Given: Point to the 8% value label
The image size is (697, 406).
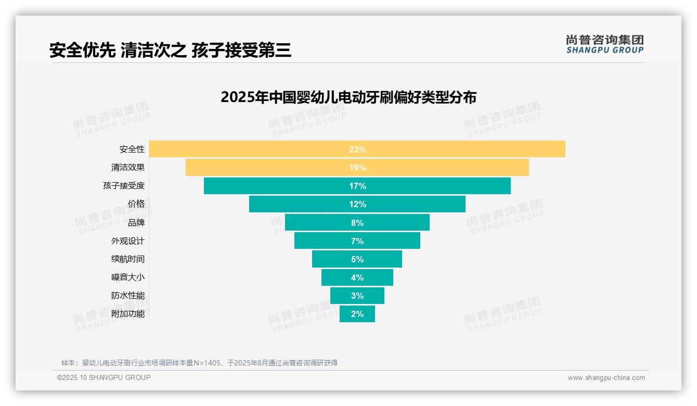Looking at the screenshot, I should [x=357, y=223].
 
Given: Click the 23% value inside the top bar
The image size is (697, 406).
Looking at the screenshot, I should [x=357, y=149].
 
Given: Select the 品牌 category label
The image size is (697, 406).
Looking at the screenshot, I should [x=136, y=222].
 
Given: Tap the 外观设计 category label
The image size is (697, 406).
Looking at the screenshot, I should [x=128, y=241].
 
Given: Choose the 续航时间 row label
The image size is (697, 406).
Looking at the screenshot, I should [x=128, y=259].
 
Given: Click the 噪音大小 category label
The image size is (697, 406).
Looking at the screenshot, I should [x=128, y=277].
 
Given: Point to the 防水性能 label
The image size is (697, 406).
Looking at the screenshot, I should [x=128, y=296].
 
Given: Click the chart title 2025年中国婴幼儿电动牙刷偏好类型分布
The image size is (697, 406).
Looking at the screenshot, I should [x=348, y=97].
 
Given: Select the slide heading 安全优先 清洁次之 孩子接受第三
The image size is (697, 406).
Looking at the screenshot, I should [x=170, y=50].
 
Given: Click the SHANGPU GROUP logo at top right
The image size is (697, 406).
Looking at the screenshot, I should [x=604, y=44].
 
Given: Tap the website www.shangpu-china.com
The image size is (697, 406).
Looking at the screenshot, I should [x=606, y=378].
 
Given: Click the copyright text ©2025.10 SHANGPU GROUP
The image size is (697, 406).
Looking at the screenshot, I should [x=104, y=377].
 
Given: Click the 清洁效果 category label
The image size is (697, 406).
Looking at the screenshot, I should [x=128, y=168].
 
